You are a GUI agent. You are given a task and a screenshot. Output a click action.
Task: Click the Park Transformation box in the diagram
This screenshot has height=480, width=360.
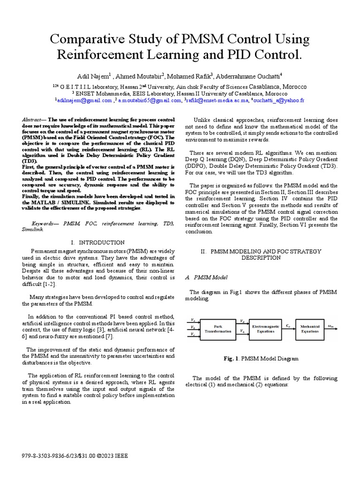(218, 329)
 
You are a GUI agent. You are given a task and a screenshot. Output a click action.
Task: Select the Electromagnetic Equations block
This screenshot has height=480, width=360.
(266, 329)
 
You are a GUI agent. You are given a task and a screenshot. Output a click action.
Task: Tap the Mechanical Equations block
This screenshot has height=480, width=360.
(310, 329)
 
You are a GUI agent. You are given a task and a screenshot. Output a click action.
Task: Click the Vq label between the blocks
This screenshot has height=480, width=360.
(241, 331)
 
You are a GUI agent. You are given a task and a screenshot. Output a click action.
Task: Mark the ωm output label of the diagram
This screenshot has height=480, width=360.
(330, 326)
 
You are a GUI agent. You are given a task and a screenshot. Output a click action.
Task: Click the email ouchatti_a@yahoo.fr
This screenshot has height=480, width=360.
(280, 100)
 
